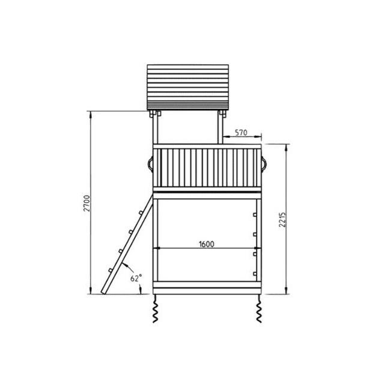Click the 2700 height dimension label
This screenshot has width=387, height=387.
87,203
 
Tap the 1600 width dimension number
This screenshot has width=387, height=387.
207,244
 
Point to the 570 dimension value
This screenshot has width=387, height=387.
240,133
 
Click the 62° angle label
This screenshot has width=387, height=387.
136,278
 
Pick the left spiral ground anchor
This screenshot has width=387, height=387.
156,308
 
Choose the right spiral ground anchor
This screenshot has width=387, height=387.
258,308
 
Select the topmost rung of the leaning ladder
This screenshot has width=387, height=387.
141,213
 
